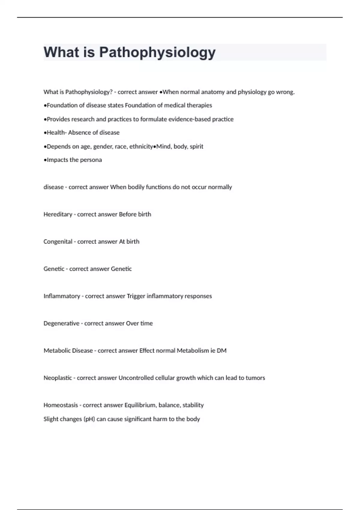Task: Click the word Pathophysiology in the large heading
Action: [x=157, y=52]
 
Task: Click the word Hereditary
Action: [x=58, y=214]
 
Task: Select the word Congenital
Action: [x=58, y=242]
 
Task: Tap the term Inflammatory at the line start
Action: [x=62, y=296]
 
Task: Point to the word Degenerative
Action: [x=61, y=323]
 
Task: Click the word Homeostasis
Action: [x=61, y=405]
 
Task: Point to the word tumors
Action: [x=255, y=378]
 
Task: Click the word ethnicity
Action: [x=141, y=146]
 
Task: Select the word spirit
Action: [x=196, y=146]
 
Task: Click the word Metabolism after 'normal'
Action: [x=193, y=351]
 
